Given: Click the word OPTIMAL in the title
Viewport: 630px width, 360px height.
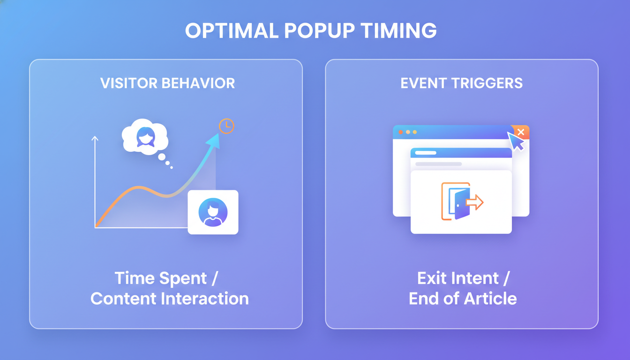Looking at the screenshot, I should [232, 31].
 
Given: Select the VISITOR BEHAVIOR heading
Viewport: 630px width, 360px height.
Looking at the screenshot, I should [167, 83].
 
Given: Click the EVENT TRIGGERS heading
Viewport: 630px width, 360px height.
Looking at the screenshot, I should [461, 83].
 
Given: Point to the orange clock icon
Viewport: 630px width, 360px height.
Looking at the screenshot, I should [226, 126].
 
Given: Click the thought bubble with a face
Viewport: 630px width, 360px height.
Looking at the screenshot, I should [145, 137].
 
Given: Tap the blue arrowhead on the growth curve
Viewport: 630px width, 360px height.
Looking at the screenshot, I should [213, 140].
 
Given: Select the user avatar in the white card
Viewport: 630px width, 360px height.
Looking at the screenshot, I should [213, 212].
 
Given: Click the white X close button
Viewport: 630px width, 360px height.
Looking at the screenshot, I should [521, 132].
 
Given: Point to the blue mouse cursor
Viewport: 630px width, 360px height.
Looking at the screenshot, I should [516, 141].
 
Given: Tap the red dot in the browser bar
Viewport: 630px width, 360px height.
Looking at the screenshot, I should [401, 132].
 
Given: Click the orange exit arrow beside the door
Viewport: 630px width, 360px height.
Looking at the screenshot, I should [474, 202].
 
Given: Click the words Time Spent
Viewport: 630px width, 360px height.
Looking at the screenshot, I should [160, 278].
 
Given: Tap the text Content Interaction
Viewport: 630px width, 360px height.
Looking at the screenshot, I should [169, 299].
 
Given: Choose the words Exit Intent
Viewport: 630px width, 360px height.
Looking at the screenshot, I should [457, 278].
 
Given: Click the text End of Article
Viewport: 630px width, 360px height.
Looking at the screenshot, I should [463, 299].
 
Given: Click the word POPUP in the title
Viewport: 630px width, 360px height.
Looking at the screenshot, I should [317, 31].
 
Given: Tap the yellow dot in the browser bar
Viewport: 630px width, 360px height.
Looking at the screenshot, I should [415, 132].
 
